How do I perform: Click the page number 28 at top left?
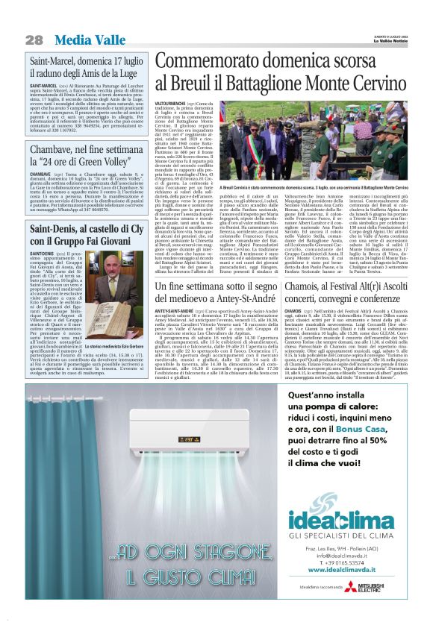coord(34,39)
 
